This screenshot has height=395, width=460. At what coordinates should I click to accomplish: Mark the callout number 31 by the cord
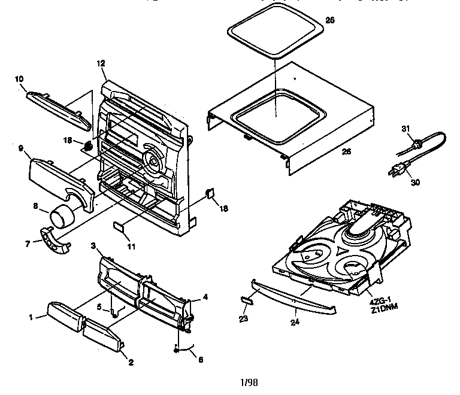(404, 128)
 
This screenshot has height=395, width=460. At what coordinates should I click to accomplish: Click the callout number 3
(94, 246)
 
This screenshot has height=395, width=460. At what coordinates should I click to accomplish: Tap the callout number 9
(20, 148)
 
